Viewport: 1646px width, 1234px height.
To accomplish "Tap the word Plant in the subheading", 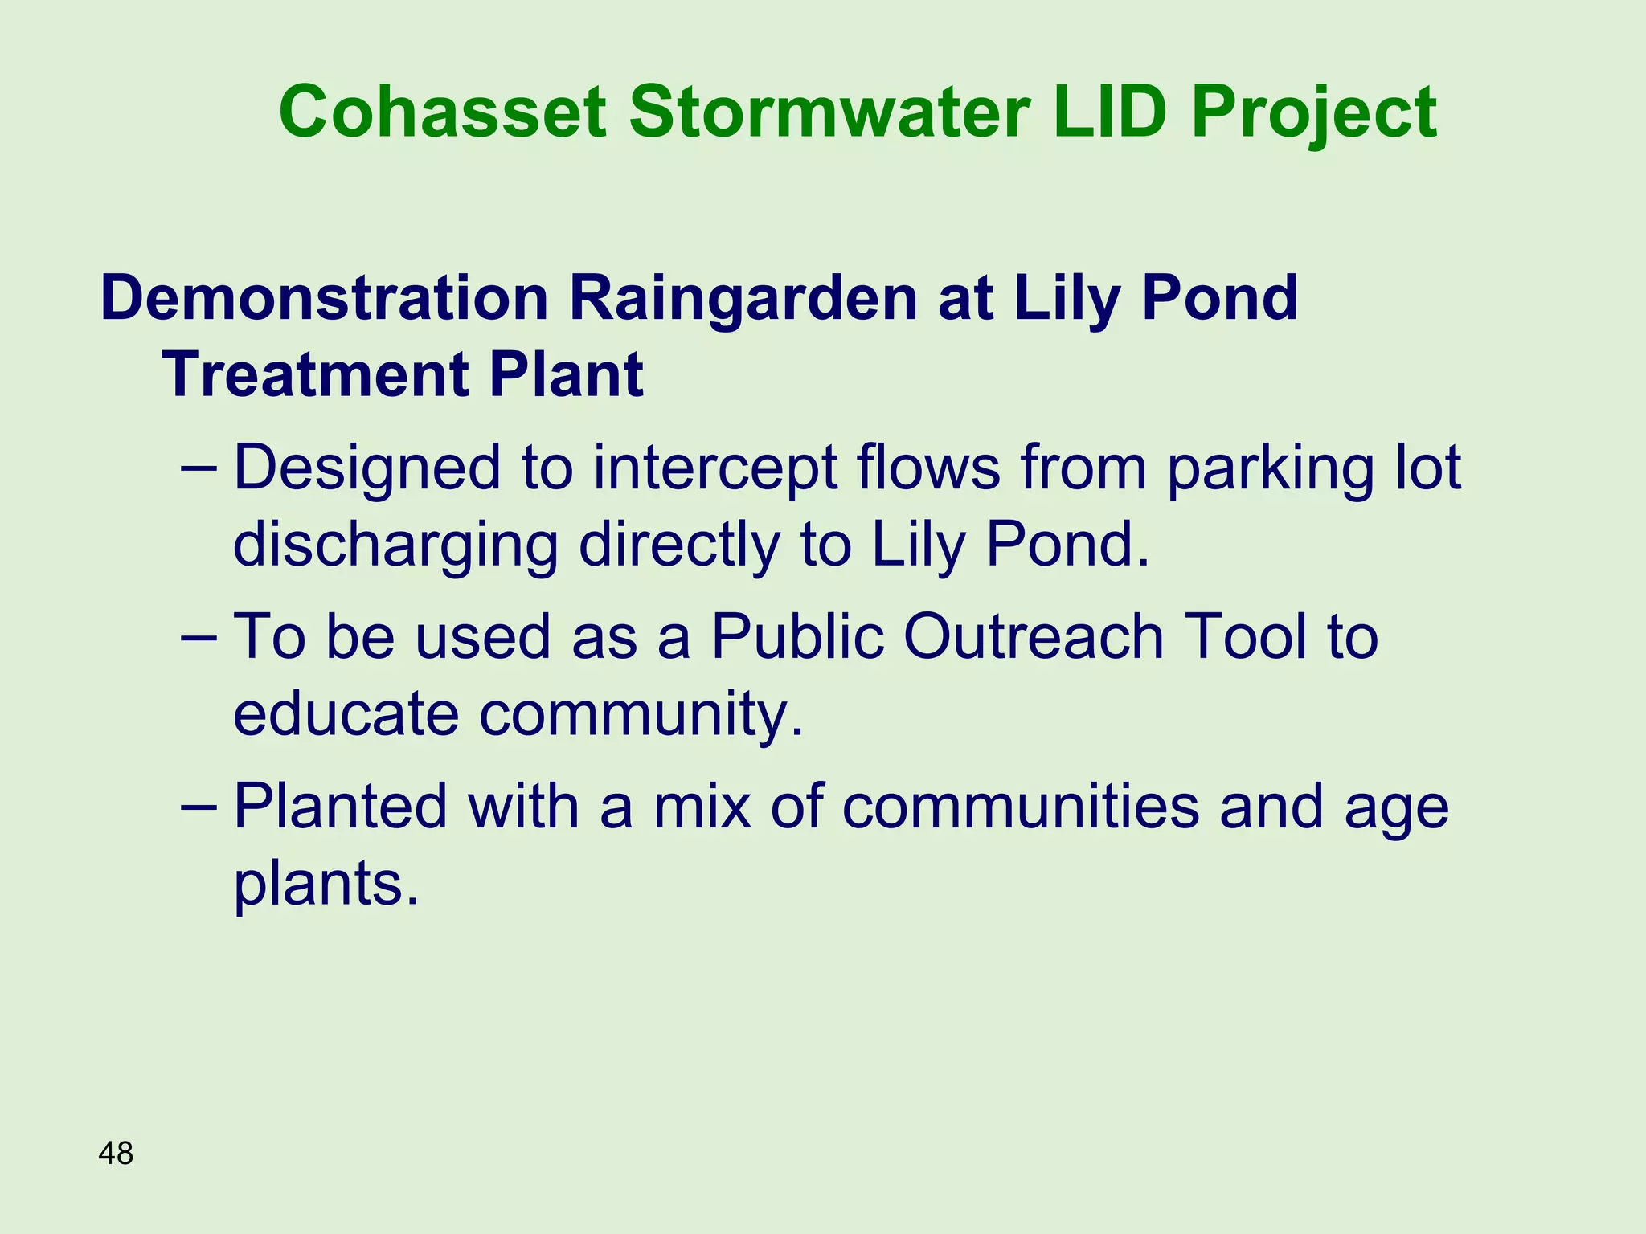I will (566, 375).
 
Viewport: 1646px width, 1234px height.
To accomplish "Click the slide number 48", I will (116, 1154).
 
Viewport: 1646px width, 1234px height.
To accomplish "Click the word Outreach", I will (1034, 637).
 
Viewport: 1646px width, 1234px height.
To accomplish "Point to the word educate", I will (346, 714).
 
